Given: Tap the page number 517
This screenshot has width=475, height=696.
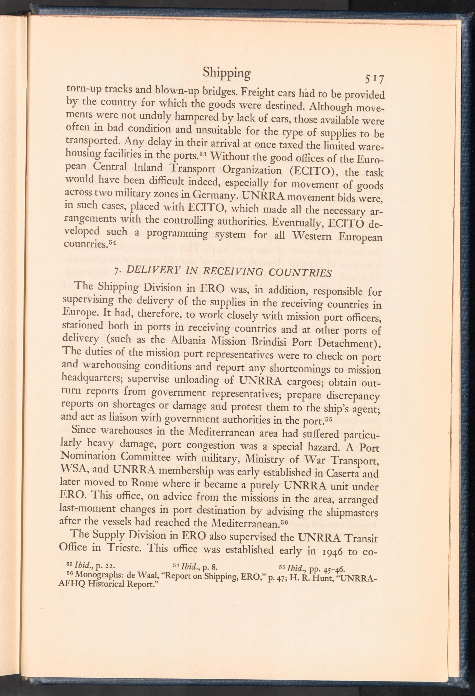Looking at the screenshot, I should (x=373, y=80).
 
